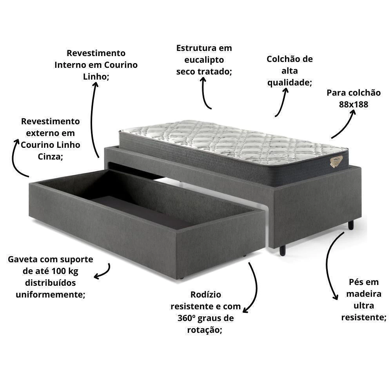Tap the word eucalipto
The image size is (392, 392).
204,60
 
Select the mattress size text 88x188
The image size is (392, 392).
354,104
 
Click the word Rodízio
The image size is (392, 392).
205,294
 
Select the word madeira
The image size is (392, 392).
363,294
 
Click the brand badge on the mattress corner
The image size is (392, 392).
336,161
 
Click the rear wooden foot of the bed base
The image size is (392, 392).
351,225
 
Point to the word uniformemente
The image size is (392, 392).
50,294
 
